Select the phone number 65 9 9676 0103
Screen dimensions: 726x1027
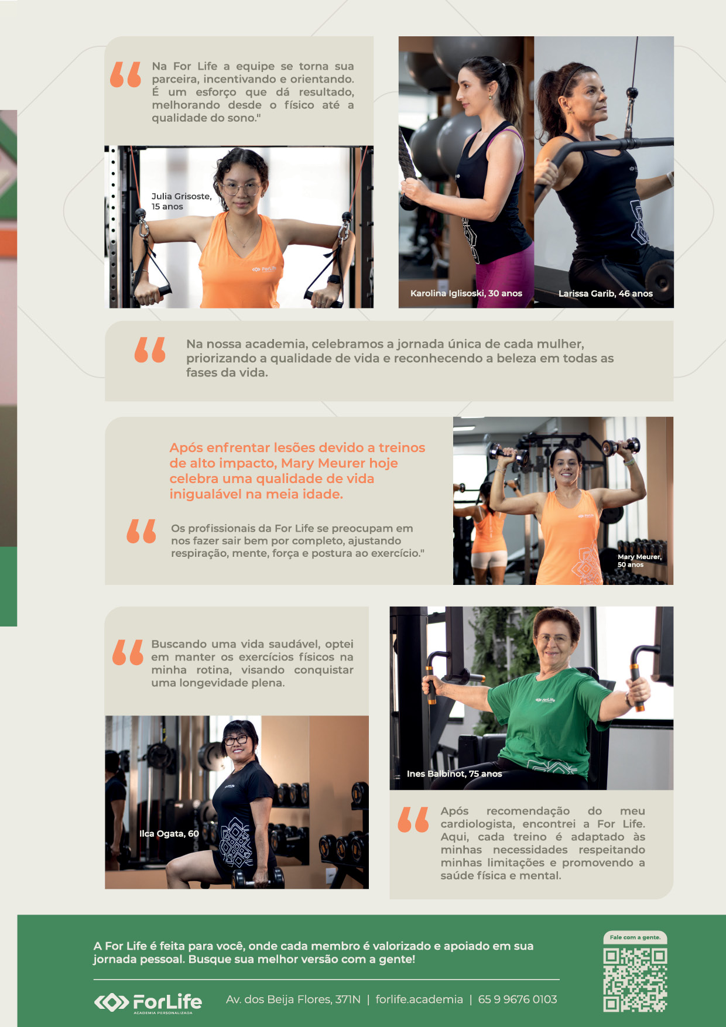point(518,999)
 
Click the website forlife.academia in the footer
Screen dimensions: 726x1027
point(419,999)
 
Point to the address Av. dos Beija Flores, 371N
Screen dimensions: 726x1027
point(293,999)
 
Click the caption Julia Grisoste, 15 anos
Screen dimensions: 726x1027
point(181,201)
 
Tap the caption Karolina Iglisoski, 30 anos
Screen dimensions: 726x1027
point(466,293)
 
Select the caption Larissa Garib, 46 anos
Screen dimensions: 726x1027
point(605,293)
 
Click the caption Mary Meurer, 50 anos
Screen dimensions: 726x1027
point(639,561)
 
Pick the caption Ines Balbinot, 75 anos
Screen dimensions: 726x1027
point(454,774)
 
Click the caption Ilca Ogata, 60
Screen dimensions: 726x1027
point(169,834)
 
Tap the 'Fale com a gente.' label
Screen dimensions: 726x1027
point(635,937)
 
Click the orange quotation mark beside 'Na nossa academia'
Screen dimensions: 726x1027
point(150,350)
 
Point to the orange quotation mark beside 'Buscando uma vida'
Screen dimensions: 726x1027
point(128,652)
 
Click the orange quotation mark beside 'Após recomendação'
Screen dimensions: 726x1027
point(413,820)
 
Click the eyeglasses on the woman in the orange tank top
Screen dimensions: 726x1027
point(241,189)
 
